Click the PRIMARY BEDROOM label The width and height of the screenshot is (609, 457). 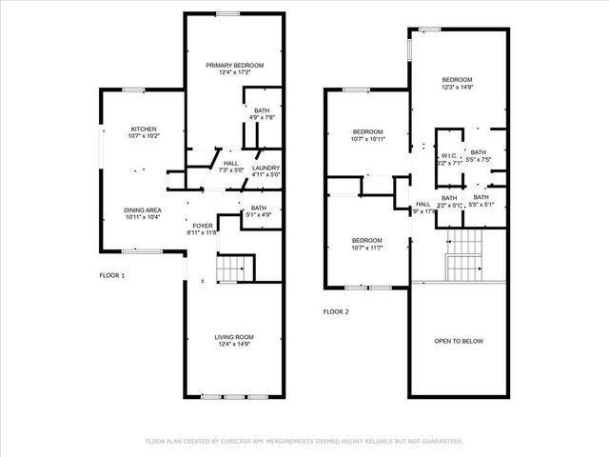pos(234,65)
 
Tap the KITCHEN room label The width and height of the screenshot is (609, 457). pos(144,129)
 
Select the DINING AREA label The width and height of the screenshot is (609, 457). pos(143,210)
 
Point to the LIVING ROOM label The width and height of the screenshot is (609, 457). pos(234,336)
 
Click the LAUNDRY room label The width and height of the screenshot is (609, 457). pos(265,168)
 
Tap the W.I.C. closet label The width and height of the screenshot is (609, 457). pos(450,156)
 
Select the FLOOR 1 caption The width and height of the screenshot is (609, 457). pos(112,275)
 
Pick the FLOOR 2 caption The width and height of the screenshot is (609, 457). pos(337,311)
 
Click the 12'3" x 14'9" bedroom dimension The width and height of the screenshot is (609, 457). pos(457,88)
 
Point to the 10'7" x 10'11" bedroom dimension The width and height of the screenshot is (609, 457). pos(367,139)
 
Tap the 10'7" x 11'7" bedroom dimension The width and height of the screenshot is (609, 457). pos(367,248)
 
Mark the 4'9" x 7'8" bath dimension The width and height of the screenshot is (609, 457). pos(261,118)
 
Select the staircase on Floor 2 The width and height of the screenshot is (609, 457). pos(465,256)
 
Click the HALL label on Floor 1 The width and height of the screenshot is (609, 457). pos(231,163)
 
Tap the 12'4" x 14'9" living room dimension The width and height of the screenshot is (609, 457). pos(234,344)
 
